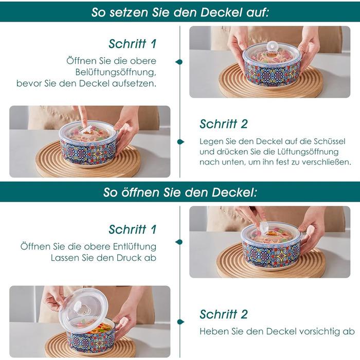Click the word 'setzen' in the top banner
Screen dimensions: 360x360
(x=129, y=12)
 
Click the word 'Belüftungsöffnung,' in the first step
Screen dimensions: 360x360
(x=116, y=73)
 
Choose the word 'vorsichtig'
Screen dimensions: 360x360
(x=318, y=332)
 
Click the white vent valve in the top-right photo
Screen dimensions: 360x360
(x=272, y=46)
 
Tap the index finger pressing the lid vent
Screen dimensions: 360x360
(x=83, y=116)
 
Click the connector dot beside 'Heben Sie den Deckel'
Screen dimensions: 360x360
(x=181, y=322)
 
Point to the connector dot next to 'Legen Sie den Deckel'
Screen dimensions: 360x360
(x=181, y=142)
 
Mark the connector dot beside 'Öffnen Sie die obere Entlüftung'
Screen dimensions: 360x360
(x=179, y=242)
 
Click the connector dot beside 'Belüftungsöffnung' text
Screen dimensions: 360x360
(x=179, y=62)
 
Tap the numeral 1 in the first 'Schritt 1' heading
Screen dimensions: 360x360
(x=153, y=44)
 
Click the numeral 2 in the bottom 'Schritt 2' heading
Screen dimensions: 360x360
(x=244, y=315)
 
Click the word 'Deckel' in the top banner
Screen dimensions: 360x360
(x=221, y=12)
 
